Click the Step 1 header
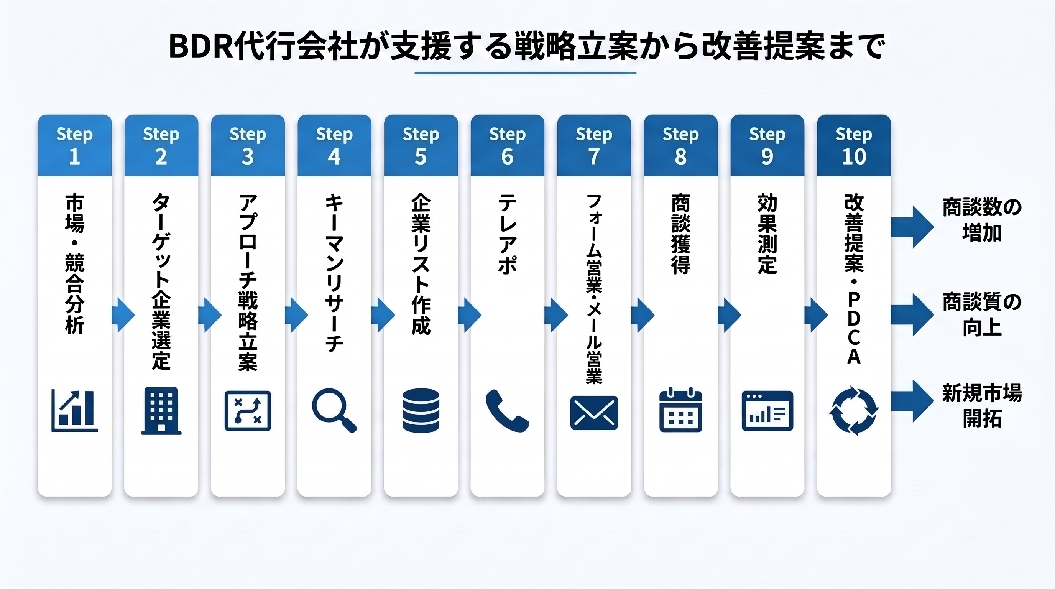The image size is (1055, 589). pyautogui.click(x=74, y=145)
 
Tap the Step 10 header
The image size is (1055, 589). pyautogui.click(x=854, y=145)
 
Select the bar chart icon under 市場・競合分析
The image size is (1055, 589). pyautogui.click(x=74, y=410)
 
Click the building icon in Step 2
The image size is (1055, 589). pyautogui.click(x=161, y=410)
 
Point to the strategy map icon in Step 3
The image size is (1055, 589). pyautogui.click(x=248, y=411)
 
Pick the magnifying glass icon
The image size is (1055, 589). pyautogui.click(x=334, y=410)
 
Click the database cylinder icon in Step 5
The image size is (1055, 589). pyautogui.click(x=421, y=410)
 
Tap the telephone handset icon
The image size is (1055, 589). pyautogui.click(x=508, y=411)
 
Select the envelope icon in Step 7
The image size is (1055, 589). pyautogui.click(x=594, y=413)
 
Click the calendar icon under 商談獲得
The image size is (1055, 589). pyautogui.click(x=681, y=410)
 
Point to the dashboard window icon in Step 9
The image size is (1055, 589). pyautogui.click(x=767, y=411)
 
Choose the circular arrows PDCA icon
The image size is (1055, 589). pyautogui.click(x=854, y=410)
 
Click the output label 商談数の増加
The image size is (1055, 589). pyautogui.click(x=982, y=220)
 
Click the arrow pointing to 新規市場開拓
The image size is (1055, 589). pyautogui.click(x=912, y=401)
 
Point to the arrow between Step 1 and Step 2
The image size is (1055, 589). pyautogui.click(x=123, y=315)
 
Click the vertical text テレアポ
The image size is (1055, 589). pyautogui.click(x=508, y=234)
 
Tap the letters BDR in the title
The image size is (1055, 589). pyautogui.click(x=200, y=46)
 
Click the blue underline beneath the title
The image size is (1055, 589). pyautogui.click(x=526, y=73)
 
